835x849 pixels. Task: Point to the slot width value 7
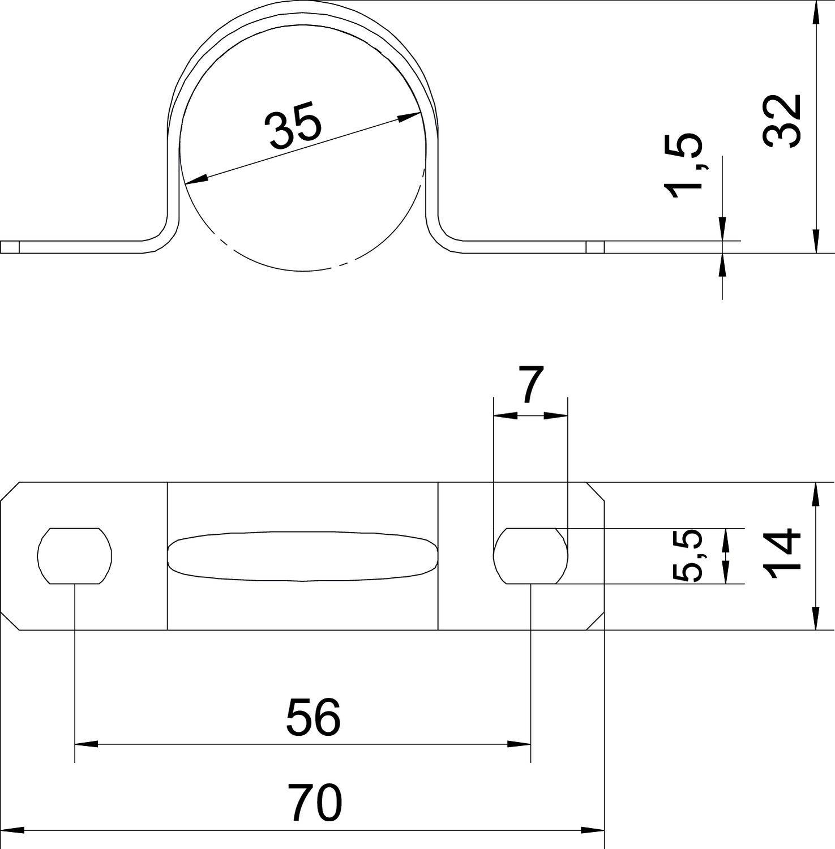tap(530, 385)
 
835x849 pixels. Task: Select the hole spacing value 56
tap(313, 717)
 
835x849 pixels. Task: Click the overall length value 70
tap(315, 802)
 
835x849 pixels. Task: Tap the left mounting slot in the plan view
tap(75, 555)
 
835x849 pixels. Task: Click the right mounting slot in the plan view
tap(530, 555)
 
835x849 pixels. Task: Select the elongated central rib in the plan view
tap(303, 556)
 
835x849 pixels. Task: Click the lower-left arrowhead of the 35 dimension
tap(195, 180)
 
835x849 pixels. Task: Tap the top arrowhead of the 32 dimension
tap(815, 11)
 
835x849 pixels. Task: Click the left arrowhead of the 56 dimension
tap(85, 744)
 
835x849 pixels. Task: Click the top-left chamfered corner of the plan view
tap(10, 492)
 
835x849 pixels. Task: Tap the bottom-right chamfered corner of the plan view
tap(596, 620)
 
